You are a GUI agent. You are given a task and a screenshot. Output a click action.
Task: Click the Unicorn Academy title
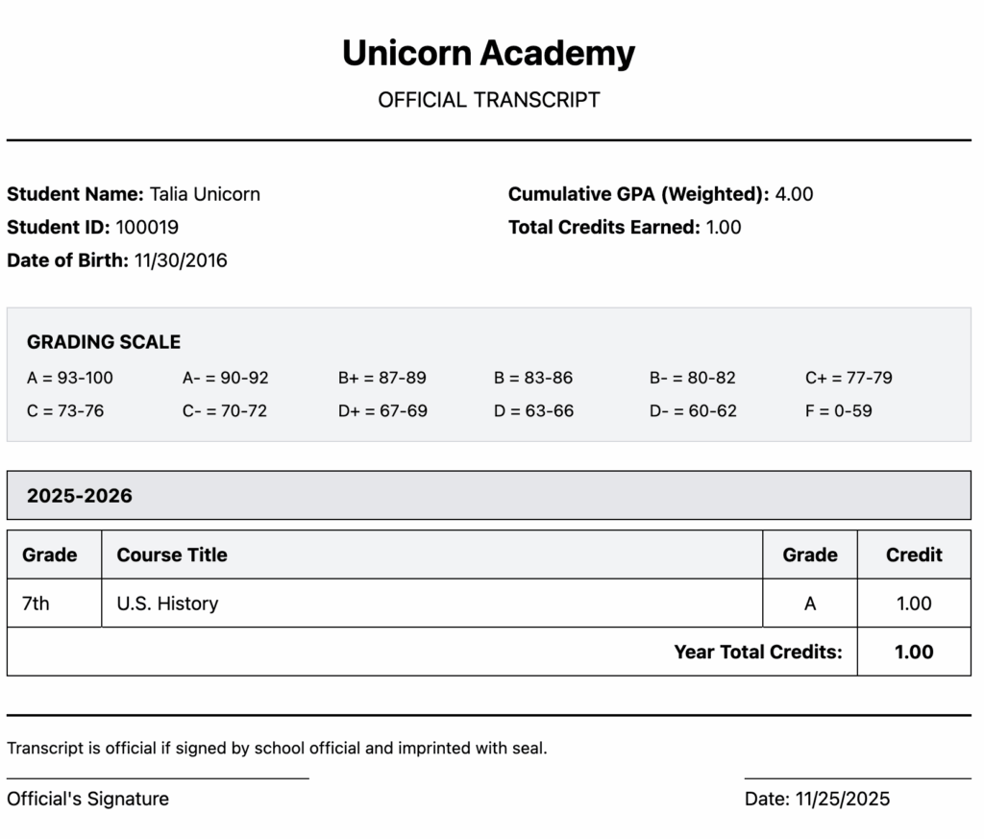click(488, 54)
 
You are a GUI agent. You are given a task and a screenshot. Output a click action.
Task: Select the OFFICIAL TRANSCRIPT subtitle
click(488, 100)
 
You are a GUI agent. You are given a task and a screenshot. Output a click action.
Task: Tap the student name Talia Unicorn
click(205, 194)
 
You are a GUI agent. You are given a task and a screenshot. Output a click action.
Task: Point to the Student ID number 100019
click(147, 228)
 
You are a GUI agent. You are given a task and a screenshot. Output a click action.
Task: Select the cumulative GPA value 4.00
click(794, 194)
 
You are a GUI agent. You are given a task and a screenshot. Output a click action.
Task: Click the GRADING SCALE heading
click(104, 342)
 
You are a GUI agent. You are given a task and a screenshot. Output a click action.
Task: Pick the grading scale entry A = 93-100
click(70, 378)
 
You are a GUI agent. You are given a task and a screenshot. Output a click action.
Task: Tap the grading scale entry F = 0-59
click(839, 411)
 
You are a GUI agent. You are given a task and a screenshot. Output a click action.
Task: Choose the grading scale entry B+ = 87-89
click(382, 378)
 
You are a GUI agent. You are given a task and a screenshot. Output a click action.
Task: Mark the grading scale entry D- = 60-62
click(693, 411)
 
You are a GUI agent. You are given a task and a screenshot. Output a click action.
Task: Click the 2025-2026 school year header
click(80, 496)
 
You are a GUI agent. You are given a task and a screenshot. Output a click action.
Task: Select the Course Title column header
click(172, 555)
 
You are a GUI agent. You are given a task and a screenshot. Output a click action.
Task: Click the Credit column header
click(914, 555)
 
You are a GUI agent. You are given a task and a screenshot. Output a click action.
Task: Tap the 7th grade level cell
click(36, 604)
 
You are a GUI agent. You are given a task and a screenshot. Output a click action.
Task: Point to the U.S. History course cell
click(167, 604)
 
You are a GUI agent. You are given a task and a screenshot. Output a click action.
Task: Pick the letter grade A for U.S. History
click(810, 604)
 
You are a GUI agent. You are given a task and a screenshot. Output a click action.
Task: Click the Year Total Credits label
click(758, 652)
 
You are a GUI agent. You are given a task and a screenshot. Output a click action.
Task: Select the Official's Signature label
click(87, 799)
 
